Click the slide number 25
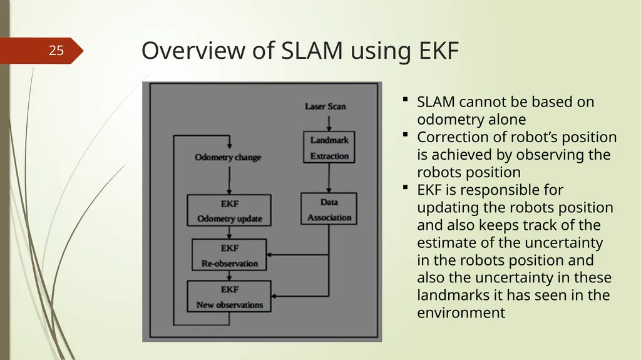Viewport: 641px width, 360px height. (x=56, y=50)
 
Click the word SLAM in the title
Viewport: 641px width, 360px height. (x=312, y=51)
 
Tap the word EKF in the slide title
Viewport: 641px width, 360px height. (x=439, y=51)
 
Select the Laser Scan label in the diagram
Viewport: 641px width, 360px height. (x=326, y=106)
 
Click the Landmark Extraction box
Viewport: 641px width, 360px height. (x=329, y=147)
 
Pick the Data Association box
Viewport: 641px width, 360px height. (x=329, y=208)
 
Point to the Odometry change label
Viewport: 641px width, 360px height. (x=228, y=158)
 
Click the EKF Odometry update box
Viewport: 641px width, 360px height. (x=229, y=210)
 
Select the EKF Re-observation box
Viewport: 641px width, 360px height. (x=229, y=255)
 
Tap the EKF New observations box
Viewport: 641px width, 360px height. (x=229, y=296)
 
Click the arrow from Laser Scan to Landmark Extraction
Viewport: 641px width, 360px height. (x=329, y=123)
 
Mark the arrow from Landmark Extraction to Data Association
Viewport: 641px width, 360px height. (x=329, y=178)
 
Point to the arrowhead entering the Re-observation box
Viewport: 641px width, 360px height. (x=269, y=255)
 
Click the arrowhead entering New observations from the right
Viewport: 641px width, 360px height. (x=274, y=296)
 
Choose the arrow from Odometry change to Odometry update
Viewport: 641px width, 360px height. (x=229, y=180)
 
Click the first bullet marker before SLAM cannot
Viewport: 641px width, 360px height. (x=405, y=99)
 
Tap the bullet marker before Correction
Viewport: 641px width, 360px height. (x=405, y=134)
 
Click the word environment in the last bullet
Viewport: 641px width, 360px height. (x=461, y=312)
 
